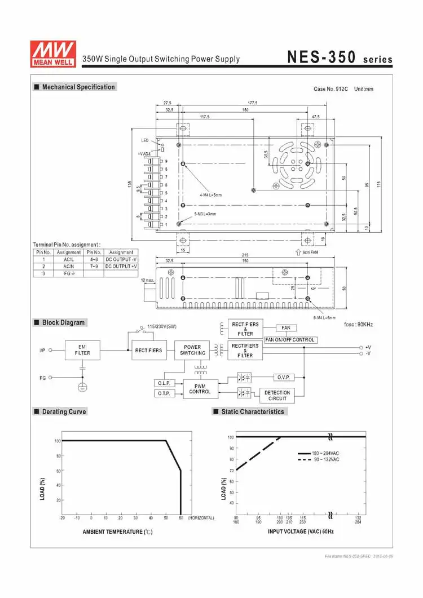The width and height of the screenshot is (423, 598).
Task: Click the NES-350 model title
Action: tap(321, 57)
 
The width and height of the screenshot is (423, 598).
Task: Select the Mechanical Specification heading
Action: tap(78, 87)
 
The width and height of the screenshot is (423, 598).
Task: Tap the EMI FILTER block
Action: tap(82, 350)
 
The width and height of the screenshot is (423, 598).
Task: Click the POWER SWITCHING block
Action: tap(192, 351)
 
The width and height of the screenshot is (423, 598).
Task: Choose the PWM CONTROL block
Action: tap(200, 388)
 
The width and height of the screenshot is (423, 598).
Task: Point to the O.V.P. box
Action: tap(284, 376)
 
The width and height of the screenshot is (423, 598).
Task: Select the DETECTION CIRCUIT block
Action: tap(277, 395)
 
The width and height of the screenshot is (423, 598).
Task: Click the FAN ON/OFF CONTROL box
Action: tap(290, 340)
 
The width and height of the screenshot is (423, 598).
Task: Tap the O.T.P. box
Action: tap(163, 393)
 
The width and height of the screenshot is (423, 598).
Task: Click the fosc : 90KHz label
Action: tap(358, 325)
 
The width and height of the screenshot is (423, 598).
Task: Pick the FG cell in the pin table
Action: tap(69, 273)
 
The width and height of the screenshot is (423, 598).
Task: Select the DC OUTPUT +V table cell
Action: tap(121, 266)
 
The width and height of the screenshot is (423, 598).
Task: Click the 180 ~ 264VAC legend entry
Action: tap(319, 453)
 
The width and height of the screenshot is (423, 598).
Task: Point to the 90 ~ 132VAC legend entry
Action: tap(319, 460)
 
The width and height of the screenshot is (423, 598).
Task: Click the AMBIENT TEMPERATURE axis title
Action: tap(117, 531)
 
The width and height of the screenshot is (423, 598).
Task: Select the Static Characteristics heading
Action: tap(253, 411)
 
